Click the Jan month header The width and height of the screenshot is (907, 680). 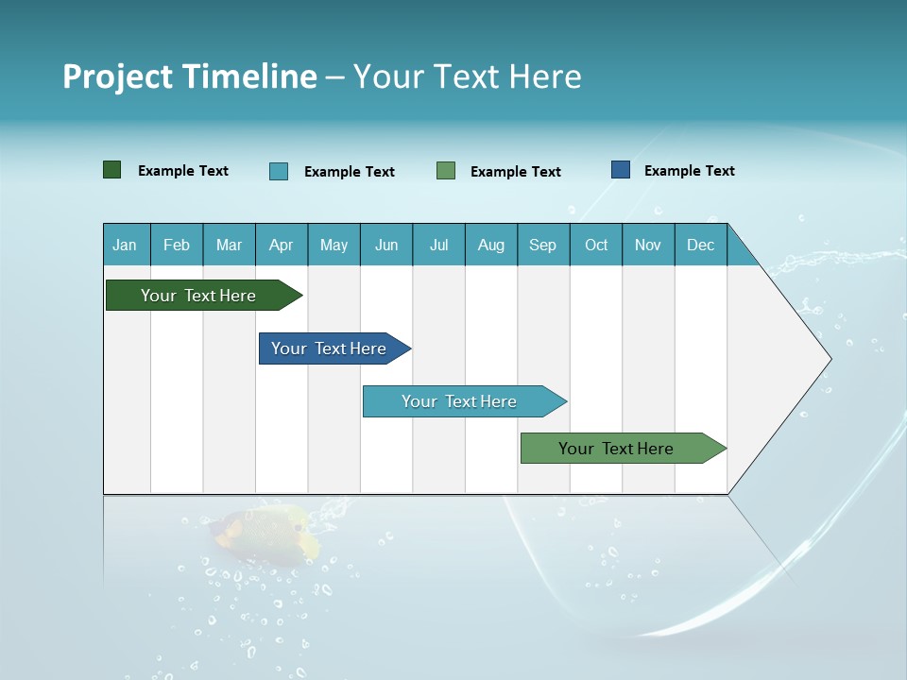point(125,245)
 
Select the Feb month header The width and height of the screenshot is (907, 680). point(177,245)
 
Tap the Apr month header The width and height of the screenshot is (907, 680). point(281,245)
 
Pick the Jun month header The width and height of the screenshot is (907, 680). point(385,245)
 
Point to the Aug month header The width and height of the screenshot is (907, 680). point(490,245)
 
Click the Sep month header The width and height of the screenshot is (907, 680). point(542,245)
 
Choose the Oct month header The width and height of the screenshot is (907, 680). point(595,245)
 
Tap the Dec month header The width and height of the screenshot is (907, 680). point(700,245)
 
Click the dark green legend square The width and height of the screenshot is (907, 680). point(111,170)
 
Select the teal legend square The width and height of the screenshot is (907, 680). point(278,171)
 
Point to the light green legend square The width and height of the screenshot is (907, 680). point(446,171)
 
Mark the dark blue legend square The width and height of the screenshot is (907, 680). point(620,170)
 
